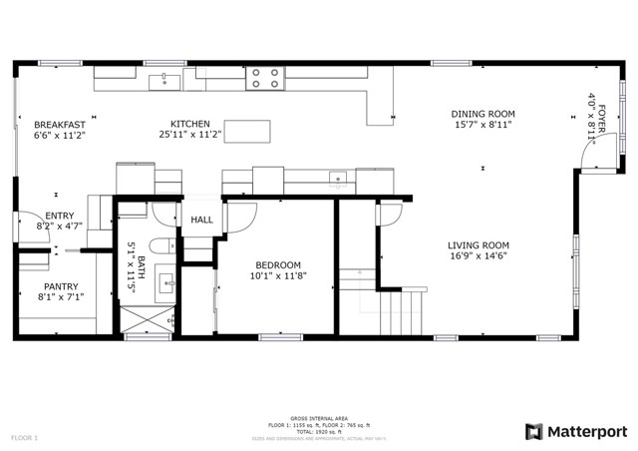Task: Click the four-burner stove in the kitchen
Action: [265, 78]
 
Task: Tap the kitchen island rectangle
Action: [252, 131]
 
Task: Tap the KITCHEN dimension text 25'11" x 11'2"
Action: [189, 135]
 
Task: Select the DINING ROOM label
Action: [482, 114]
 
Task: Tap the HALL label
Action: [202, 220]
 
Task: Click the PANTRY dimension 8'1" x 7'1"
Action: [60, 296]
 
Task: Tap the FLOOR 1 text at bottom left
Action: [25, 437]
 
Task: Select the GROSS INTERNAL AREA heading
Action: [318, 418]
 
